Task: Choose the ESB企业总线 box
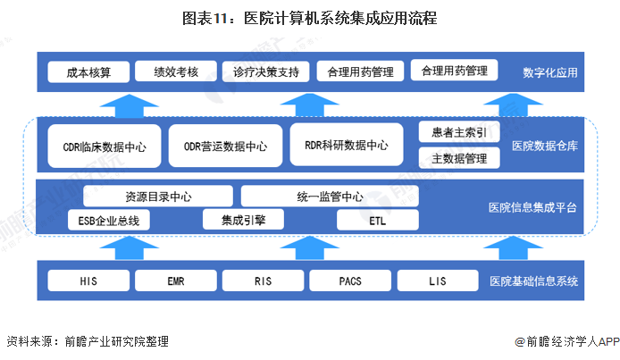point(109,220)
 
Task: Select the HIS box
point(88,281)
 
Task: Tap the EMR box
point(175,281)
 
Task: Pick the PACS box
point(350,281)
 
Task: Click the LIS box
point(437,281)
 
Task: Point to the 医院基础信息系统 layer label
point(533,282)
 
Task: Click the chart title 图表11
point(310,18)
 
